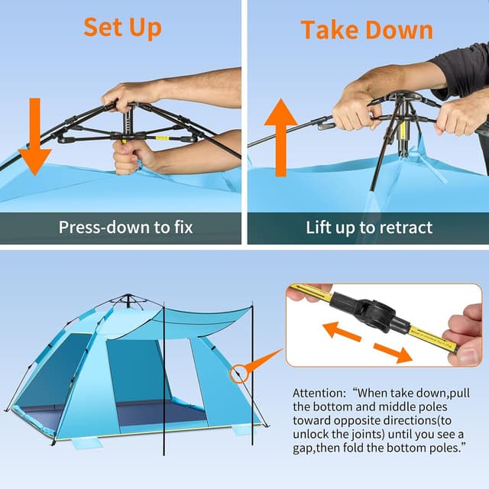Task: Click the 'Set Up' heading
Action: pyautogui.click(x=122, y=27)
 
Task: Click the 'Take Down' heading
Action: pyautogui.click(x=367, y=30)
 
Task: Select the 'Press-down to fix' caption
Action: pyautogui.click(x=126, y=227)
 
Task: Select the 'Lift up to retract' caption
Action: pyautogui.click(x=369, y=227)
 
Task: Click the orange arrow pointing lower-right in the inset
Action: pyautogui.click(x=391, y=352)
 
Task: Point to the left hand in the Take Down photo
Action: pyautogui.click(x=355, y=107)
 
